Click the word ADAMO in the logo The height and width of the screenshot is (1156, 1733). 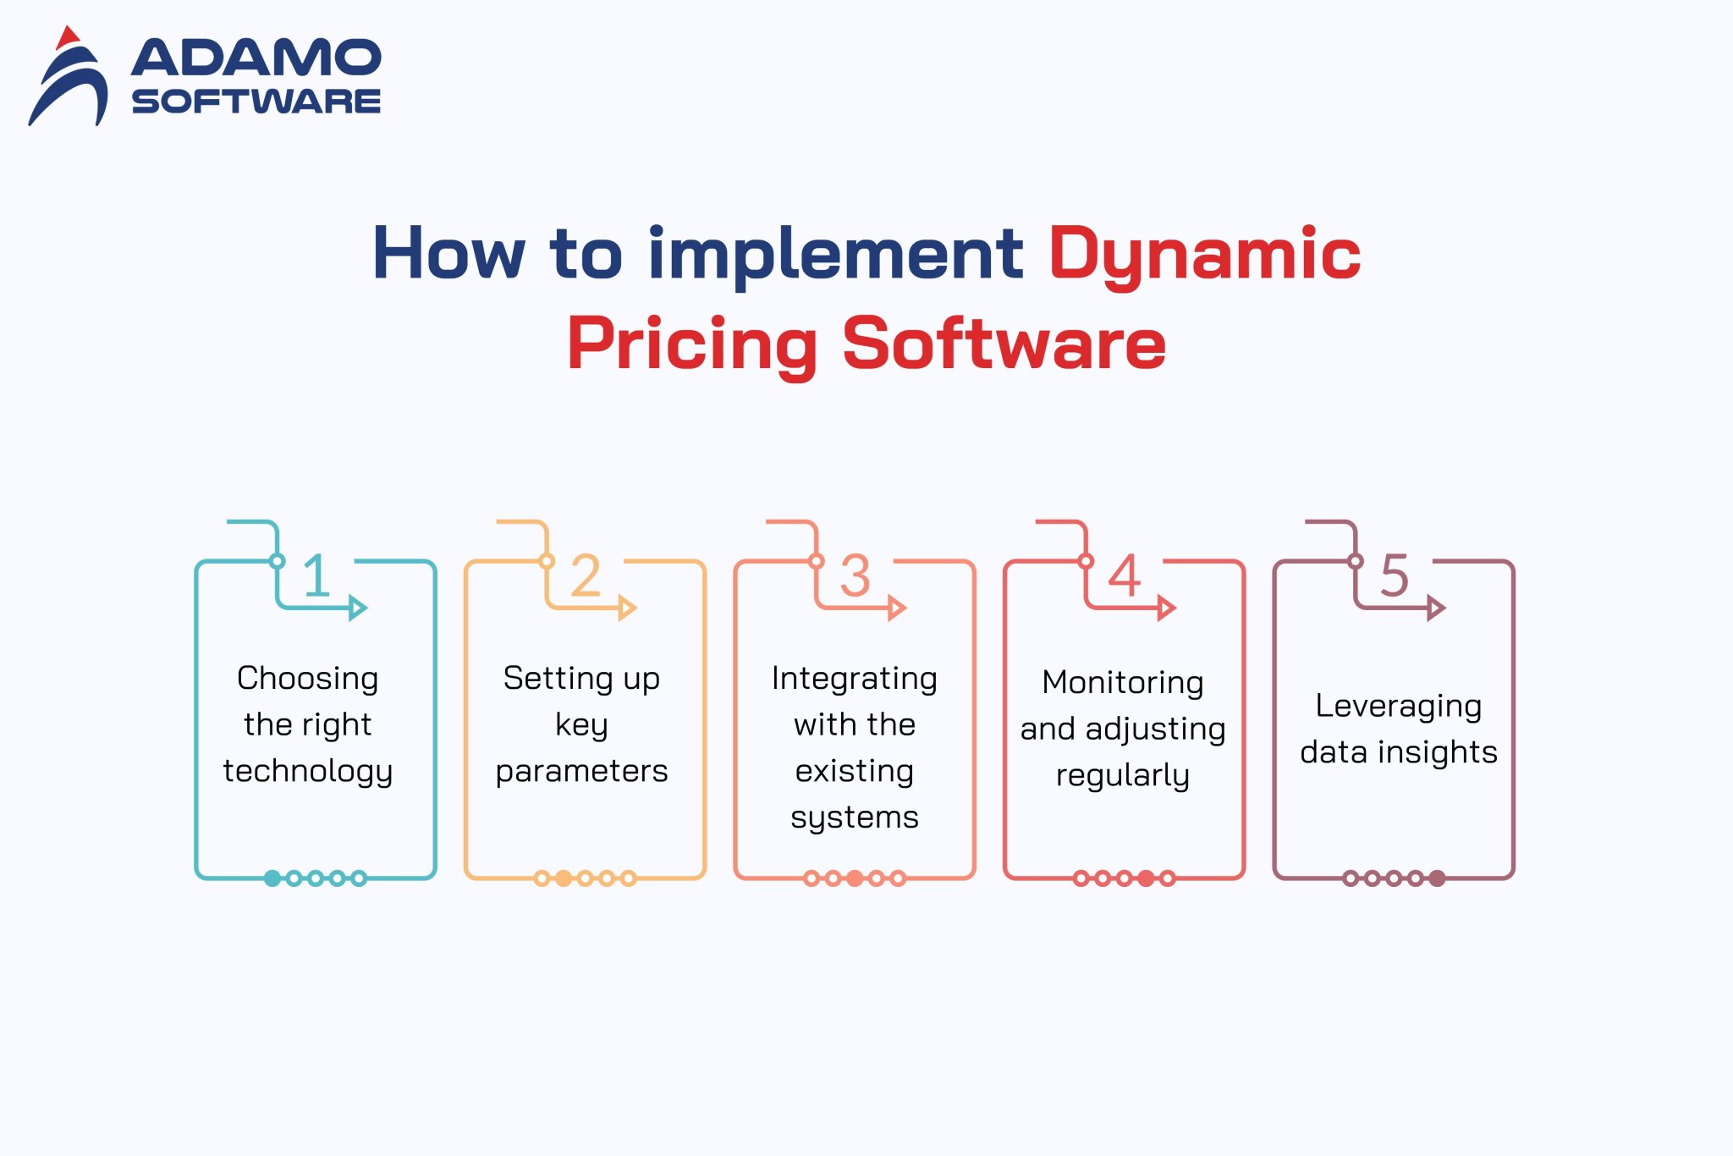(256, 58)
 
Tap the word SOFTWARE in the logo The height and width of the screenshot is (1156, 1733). (256, 102)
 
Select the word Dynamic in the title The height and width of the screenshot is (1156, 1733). (1204, 254)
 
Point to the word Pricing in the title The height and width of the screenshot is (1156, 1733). (692, 344)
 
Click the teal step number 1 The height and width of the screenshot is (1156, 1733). (316, 575)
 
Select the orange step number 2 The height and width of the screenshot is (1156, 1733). (586, 575)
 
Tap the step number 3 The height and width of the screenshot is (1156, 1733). (855, 575)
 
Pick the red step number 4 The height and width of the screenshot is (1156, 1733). (1125, 575)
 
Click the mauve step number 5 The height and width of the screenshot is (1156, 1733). (1395, 575)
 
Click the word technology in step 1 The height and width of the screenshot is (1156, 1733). (308, 772)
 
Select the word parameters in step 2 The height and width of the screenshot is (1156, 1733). (581, 772)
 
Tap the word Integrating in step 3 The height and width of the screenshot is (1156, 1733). (855, 679)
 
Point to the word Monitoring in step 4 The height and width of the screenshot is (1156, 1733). (1123, 682)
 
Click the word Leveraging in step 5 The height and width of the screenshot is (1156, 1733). (1398, 706)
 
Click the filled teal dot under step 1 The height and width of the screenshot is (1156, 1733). (272, 878)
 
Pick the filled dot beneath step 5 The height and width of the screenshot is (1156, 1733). (1437, 878)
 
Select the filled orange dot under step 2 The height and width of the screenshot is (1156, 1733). (564, 878)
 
